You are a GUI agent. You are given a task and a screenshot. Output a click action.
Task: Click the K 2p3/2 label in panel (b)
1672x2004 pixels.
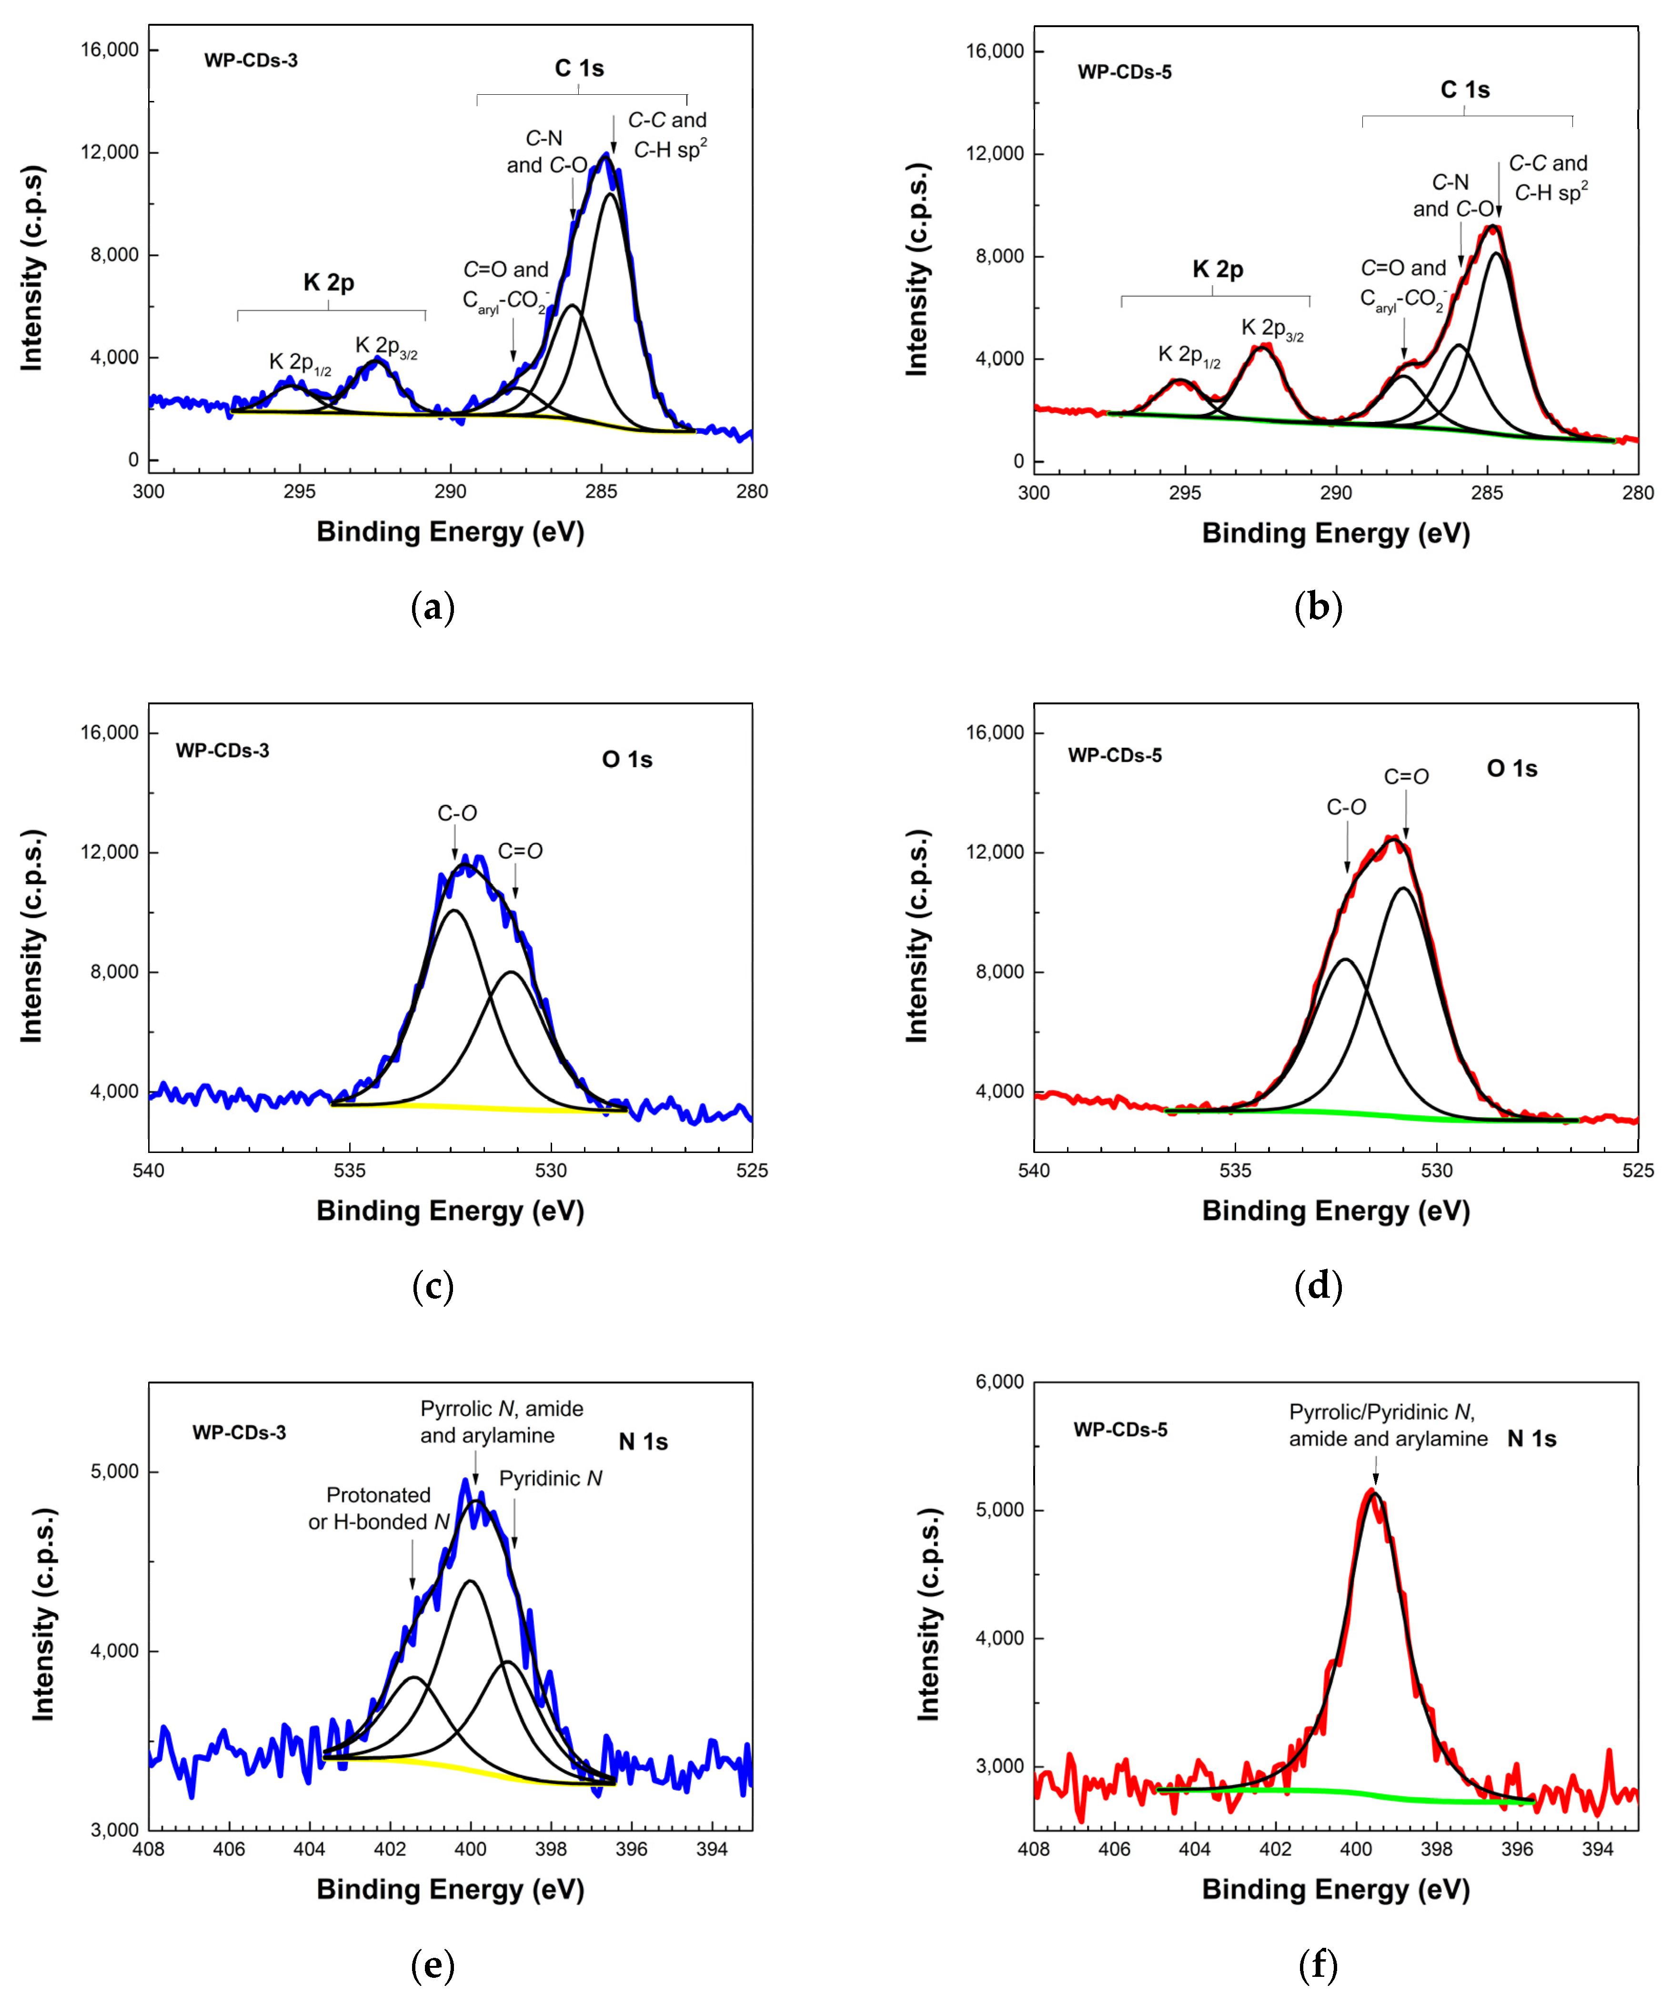(1272, 329)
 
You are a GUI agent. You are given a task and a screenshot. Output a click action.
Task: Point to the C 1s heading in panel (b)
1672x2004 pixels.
(1465, 90)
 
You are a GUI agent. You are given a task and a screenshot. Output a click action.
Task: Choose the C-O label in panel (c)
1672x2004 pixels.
(457, 813)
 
